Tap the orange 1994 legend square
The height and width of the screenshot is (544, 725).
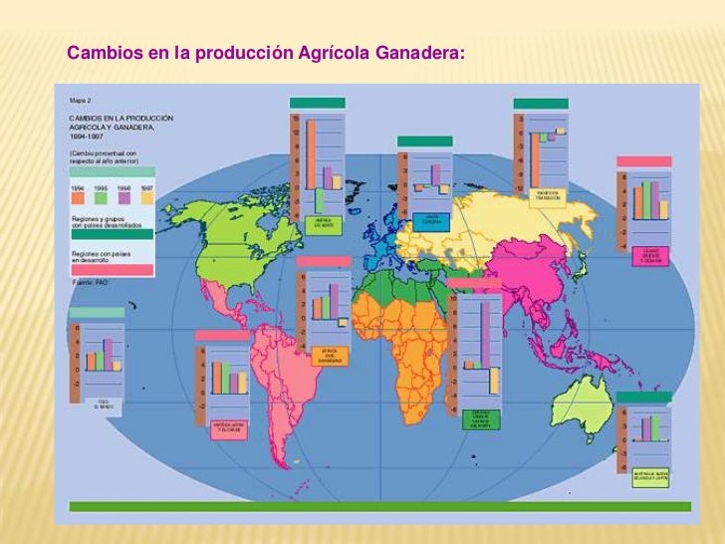(78, 198)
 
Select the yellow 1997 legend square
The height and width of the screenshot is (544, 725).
(146, 198)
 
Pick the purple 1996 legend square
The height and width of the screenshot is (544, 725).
(123, 198)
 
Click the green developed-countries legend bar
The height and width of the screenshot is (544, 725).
(112, 236)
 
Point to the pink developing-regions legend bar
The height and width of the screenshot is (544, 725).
(112, 269)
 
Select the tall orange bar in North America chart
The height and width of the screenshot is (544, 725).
(311, 153)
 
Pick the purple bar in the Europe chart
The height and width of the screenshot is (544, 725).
(435, 175)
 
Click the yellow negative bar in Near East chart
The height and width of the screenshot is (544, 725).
(494, 381)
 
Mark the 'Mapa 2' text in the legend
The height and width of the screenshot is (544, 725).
(80, 101)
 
